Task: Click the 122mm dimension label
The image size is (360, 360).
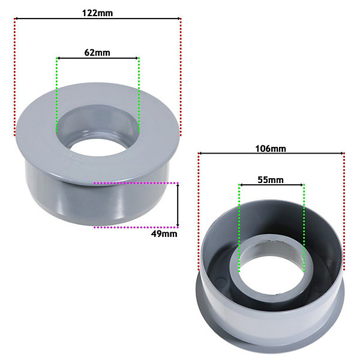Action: [98, 13]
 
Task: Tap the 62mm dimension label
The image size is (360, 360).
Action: [97, 53]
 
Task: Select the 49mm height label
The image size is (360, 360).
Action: [164, 234]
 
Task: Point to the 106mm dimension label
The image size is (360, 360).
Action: [271, 149]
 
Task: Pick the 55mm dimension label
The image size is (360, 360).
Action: [271, 180]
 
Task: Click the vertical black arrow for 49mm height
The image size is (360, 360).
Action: [178, 205]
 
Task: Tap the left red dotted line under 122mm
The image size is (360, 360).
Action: [15, 77]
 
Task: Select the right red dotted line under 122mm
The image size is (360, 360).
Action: [181, 77]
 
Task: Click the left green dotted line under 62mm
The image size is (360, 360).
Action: [56, 95]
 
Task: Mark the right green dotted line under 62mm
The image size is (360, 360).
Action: [139, 95]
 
